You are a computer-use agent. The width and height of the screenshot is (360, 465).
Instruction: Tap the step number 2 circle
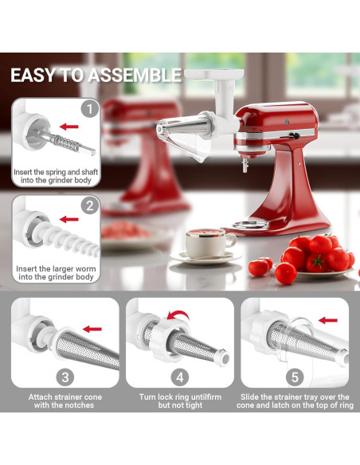(x=90, y=206)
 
